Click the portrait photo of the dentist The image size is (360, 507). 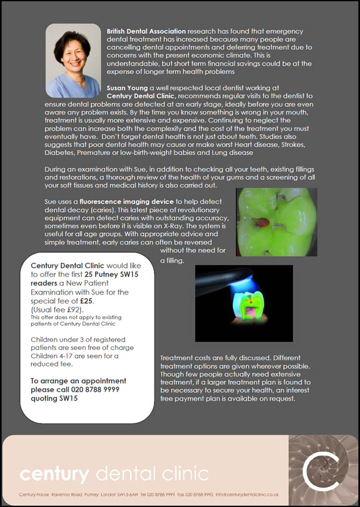point(73,60)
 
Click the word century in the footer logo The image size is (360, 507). point(54,474)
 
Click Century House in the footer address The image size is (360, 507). point(34,494)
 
